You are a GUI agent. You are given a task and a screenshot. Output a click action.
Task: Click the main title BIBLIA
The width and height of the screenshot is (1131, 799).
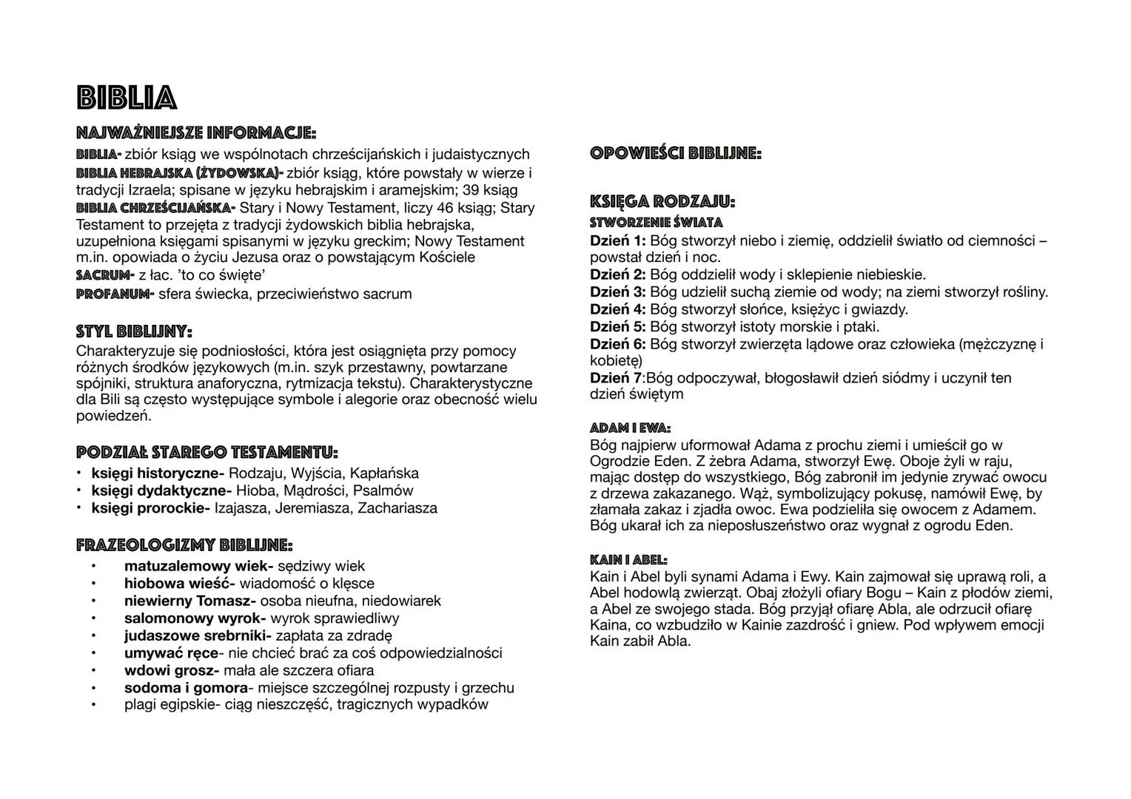tap(127, 98)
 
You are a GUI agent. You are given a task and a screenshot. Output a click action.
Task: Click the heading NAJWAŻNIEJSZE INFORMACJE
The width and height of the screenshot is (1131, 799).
tap(196, 134)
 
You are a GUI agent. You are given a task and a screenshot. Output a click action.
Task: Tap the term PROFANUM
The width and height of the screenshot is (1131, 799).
tap(115, 294)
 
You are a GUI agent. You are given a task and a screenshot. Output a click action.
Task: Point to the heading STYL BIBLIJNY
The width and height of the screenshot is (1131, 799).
tap(134, 331)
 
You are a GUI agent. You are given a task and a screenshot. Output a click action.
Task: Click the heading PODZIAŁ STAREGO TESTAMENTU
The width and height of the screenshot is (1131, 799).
tap(207, 452)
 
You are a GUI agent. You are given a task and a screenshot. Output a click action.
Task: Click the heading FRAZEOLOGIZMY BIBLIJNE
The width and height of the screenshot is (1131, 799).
tap(184, 546)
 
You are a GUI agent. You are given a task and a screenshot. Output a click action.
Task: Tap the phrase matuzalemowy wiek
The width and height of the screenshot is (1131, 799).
tap(198, 566)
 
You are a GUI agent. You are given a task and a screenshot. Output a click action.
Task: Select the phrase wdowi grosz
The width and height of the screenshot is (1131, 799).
tap(171, 670)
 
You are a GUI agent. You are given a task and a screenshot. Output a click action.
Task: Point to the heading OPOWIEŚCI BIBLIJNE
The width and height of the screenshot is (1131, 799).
tap(675, 154)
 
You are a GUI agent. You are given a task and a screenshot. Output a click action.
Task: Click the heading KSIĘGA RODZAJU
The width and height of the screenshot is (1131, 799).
tap(662, 201)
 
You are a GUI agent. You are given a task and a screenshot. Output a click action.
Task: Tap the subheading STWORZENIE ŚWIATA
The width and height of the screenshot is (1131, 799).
tap(656, 222)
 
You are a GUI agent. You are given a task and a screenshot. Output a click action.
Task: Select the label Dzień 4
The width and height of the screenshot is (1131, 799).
tap(617, 309)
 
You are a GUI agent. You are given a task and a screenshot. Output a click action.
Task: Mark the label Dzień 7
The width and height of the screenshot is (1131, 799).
tap(616, 378)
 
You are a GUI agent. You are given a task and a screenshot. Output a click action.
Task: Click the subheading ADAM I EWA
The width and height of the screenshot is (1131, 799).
tap(630, 428)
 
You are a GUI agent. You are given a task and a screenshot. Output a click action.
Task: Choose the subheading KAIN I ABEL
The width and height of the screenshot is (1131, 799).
tap(628, 560)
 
